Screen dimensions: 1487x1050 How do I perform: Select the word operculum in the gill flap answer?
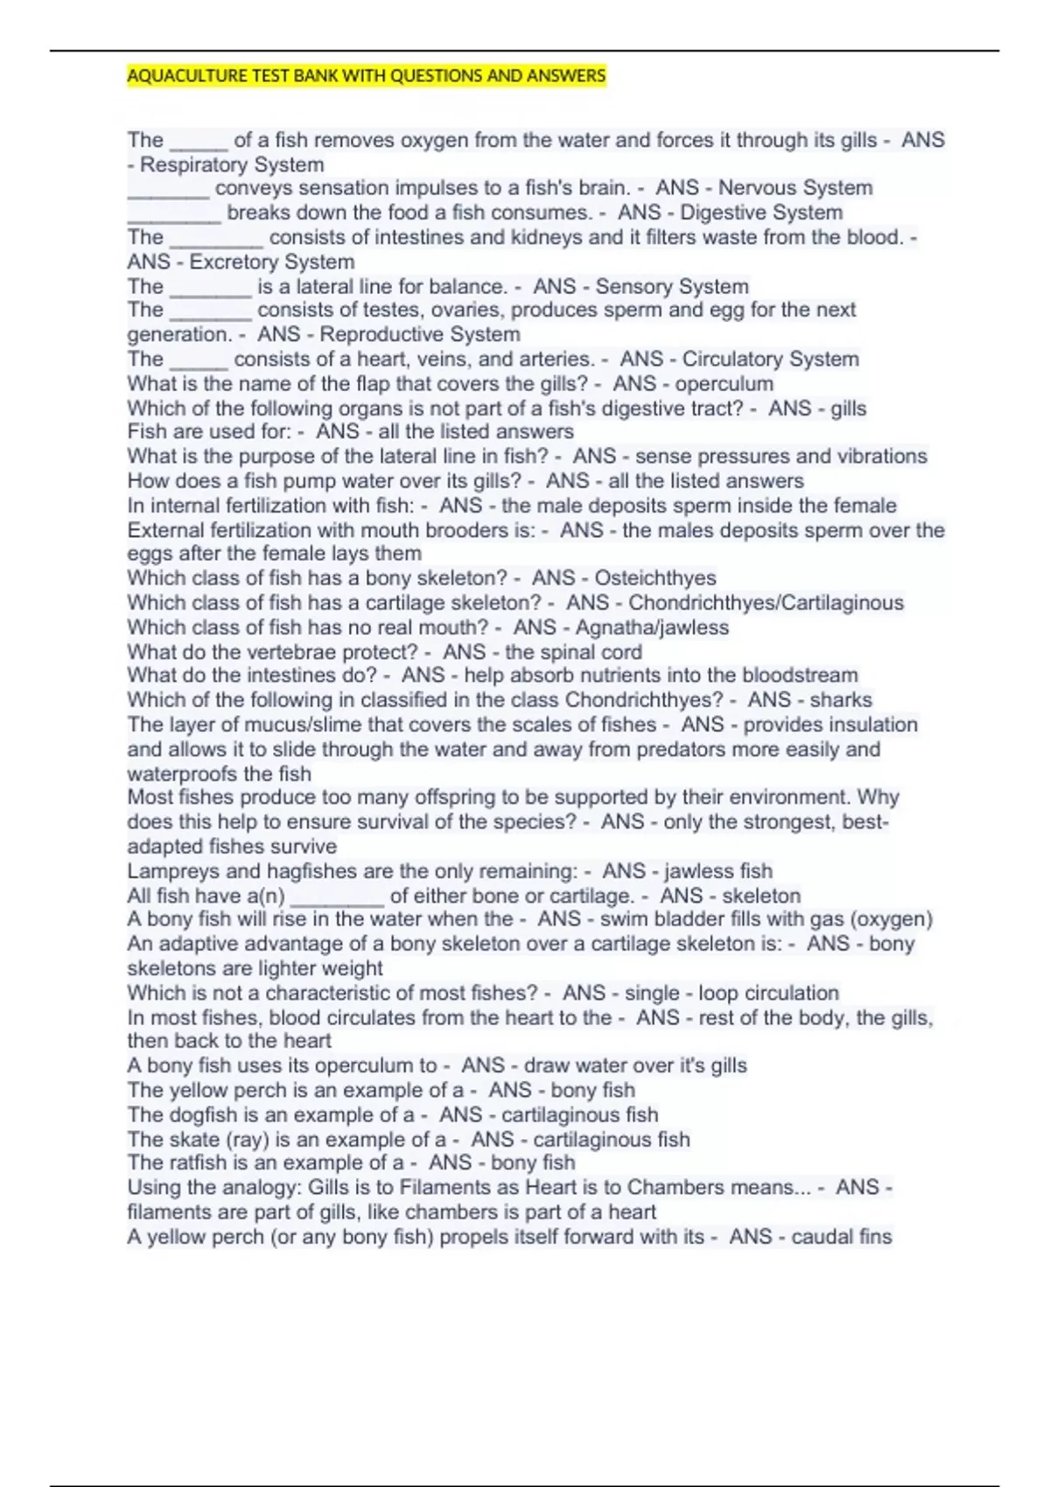tap(724, 384)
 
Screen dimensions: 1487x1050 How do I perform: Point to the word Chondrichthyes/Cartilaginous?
tap(766, 603)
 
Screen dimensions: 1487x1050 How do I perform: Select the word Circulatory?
tap(735, 360)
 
